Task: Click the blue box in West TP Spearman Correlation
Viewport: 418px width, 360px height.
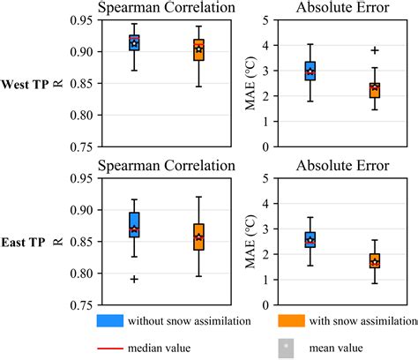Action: point(134,43)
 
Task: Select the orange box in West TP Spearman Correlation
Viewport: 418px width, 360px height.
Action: point(198,49)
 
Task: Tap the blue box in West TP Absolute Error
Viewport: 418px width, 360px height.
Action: point(310,71)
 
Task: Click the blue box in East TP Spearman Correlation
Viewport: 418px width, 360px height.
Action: point(134,224)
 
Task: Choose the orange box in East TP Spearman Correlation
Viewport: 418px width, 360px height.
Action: point(198,236)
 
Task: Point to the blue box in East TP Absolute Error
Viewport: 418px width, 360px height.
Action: point(310,240)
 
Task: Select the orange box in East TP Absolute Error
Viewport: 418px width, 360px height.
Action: point(375,260)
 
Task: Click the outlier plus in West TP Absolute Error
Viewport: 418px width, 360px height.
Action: point(375,51)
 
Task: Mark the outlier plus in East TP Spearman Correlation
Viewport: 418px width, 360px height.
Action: point(134,279)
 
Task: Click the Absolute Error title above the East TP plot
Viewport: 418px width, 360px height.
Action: point(340,164)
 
